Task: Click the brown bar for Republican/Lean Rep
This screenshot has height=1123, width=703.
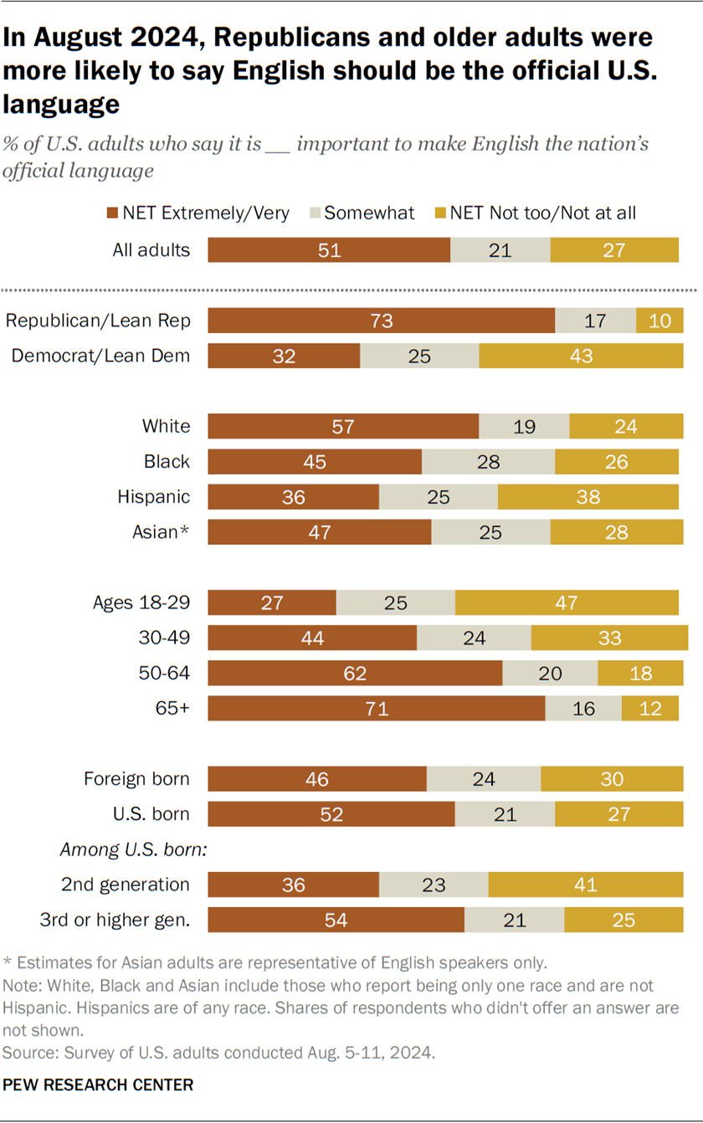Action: click(381, 320)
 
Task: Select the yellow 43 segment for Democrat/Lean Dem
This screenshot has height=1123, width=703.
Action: click(581, 356)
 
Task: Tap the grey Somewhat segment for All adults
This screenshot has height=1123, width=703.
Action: click(500, 249)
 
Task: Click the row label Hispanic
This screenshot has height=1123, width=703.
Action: click(154, 496)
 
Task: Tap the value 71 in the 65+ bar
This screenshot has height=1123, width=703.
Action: click(376, 709)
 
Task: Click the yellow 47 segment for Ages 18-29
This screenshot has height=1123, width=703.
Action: click(567, 603)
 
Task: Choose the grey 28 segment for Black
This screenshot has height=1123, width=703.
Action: click(488, 461)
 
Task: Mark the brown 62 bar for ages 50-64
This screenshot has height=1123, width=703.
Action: click(355, 674)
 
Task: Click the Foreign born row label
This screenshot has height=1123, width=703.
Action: click(136, 779)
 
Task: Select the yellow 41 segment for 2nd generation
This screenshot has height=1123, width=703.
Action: click(585, 885)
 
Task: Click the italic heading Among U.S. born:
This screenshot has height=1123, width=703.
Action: click(133, 849)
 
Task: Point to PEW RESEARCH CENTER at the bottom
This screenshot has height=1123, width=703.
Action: click(98, 1085)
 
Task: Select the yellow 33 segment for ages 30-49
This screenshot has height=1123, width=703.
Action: click(608, 638)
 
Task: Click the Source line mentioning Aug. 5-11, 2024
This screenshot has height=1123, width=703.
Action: click(219, 1050)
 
